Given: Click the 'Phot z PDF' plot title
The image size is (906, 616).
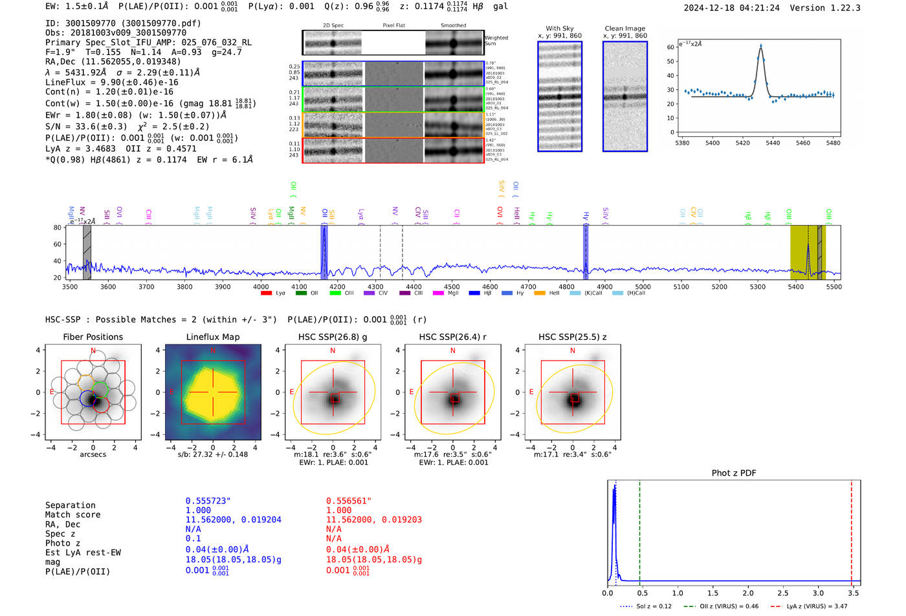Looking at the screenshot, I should [734, 473].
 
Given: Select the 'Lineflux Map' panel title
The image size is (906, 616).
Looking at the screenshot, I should [213, 337].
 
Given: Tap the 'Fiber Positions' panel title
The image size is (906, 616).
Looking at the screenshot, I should [93, 337].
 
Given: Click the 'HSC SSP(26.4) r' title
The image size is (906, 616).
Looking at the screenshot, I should [452, 337].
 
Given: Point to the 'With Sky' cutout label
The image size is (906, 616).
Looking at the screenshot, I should [559, 28].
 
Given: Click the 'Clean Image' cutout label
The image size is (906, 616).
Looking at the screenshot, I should [624, 28].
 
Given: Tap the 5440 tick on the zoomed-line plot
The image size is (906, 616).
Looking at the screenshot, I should [773, 143].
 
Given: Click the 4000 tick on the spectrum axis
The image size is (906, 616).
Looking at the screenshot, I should [261, 286].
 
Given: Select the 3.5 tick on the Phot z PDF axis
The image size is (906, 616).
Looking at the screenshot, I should [854, 593].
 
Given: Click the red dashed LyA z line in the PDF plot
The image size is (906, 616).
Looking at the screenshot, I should [852, 530].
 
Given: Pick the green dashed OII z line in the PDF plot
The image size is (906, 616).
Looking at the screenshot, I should [639, 530].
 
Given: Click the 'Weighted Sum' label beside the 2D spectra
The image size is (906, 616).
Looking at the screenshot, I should [496, 41].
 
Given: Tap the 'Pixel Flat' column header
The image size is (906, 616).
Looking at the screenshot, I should [393, 26].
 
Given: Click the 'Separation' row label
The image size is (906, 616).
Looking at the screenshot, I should [71, 505].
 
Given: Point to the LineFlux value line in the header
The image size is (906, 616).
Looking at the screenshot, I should [112, 83].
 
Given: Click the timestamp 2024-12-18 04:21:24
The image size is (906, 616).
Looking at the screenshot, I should [731, 8].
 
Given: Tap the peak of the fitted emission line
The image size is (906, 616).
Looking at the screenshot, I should [760, 46].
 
